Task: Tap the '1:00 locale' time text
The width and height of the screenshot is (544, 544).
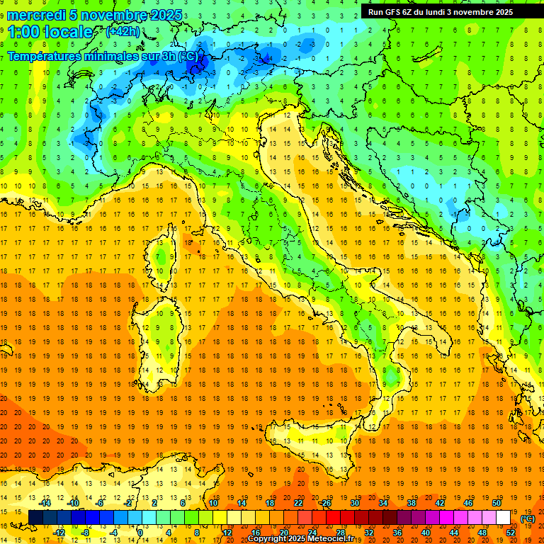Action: tap(50, 32)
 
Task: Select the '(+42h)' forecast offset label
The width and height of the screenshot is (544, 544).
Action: tap(123, 32)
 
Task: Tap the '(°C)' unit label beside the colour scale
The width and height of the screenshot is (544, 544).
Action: tap(528, 518)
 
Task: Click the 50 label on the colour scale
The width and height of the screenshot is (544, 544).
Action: tap(497, 503)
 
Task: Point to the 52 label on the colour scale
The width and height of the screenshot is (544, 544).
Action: tap(511, 533)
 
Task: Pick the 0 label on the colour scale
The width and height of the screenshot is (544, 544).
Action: tap(141, 533)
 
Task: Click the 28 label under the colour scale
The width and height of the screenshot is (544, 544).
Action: tap(341, 533)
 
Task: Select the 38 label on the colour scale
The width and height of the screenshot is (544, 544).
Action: tap(412, 503)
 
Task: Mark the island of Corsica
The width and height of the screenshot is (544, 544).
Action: tap(164, 252)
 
